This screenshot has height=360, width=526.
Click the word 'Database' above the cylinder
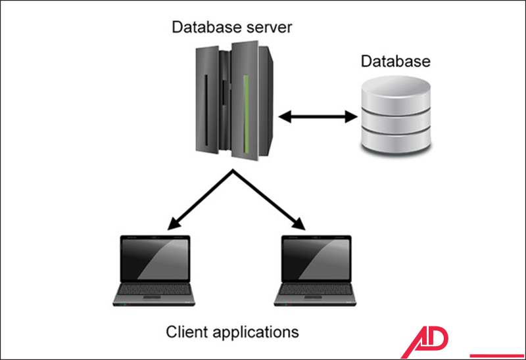tap(395, 62)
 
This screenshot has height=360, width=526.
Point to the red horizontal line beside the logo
tap(496, 355)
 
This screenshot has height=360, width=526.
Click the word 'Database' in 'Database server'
tap(200, 28)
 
